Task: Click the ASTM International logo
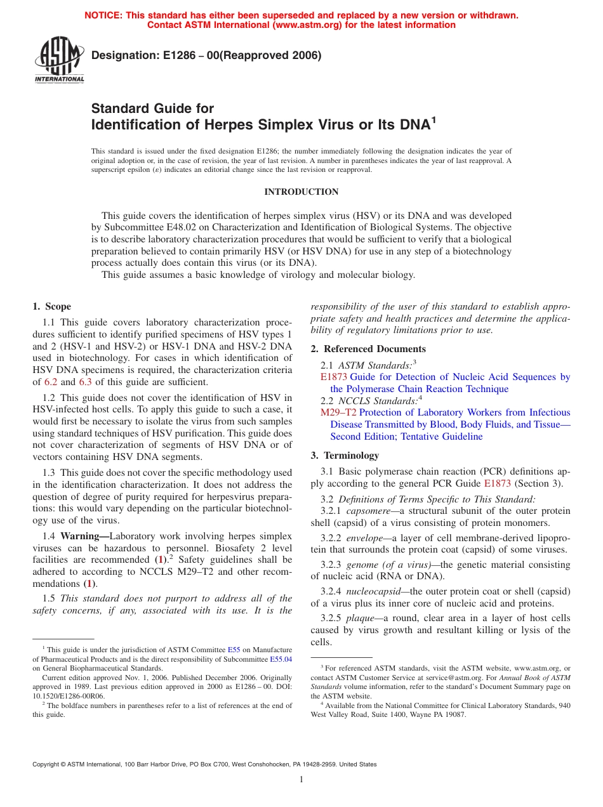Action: tap(59, 60)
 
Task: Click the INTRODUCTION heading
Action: tap(301, 192)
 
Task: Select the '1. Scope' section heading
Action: tap(52, 306)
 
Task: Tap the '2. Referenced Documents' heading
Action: tap(368, 349)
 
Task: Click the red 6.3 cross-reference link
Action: tap(86, 382)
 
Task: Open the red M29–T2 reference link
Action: tap(338, 412)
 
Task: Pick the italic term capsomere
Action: tap(367, 511)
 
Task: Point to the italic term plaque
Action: tap(359, 618)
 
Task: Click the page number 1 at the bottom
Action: tap(301, 779)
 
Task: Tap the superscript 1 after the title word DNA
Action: tap(434, 119)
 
